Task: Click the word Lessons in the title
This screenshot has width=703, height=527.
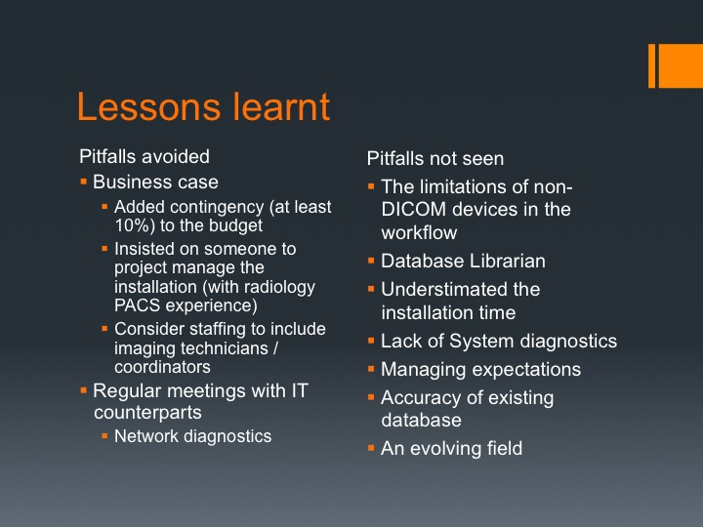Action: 148,106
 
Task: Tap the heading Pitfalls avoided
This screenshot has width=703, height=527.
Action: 145,156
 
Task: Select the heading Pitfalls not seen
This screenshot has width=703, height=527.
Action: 435,158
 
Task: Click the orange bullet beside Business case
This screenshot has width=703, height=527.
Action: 83,182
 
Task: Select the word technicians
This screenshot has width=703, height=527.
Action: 229,348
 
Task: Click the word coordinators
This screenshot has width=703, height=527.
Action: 162,367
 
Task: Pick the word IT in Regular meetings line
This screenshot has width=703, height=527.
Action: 300,390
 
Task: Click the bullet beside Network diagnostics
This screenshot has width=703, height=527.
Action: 104,435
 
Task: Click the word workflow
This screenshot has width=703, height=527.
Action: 419,232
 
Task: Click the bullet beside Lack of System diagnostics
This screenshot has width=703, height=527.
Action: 371,341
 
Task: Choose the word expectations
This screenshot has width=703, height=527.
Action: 526,370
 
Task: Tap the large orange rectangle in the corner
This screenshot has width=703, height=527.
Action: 681,66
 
